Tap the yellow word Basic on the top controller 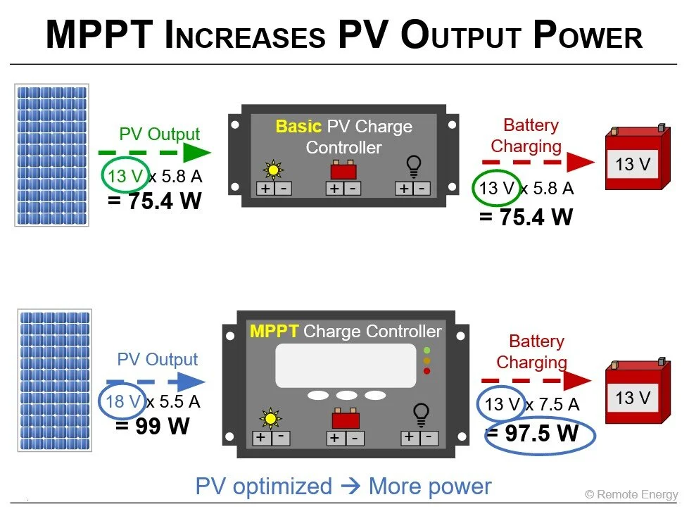point(298,127)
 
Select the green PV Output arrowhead point(196,152)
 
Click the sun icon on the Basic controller point(272,170)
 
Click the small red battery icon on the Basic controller point(343,170)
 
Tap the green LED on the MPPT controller point(427,350)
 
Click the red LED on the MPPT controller point(427,371)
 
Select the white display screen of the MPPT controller point(345,365)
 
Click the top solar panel point(51,155)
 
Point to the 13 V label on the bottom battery point(633,398)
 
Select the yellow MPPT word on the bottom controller point(274,331)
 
